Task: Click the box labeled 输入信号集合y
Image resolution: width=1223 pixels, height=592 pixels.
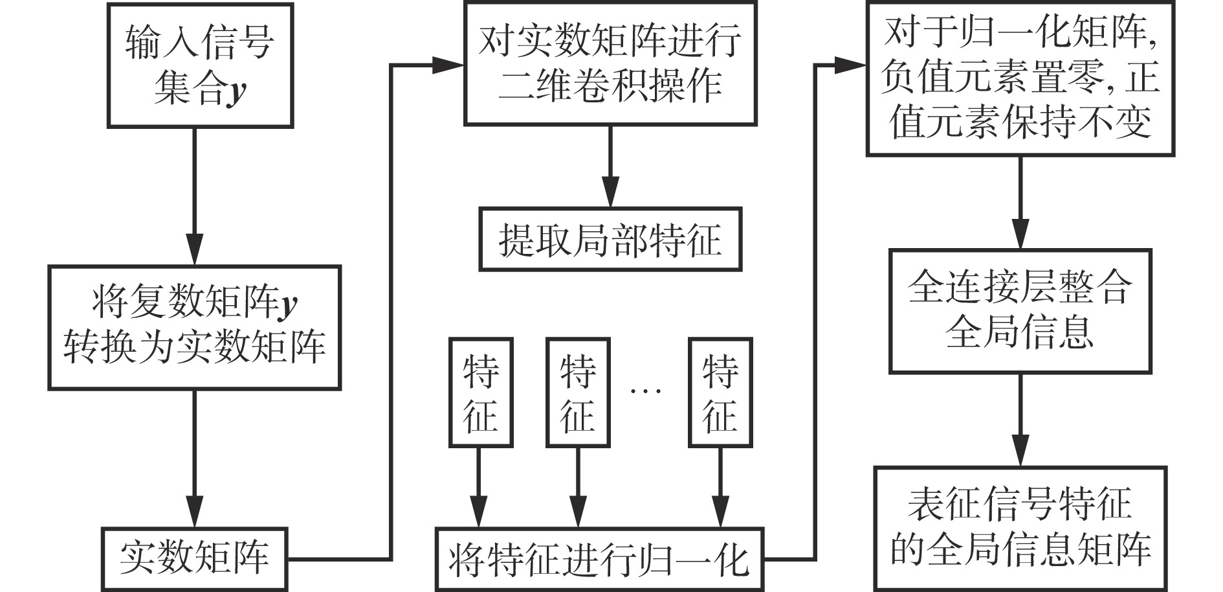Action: pyautogui.click(x=200, y=65)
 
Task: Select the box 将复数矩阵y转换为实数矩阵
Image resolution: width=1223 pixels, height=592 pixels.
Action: pyautogui.click(x=194, y=327)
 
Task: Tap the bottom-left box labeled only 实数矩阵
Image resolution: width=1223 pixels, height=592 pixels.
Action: pyautogui.click(x=194, y=559)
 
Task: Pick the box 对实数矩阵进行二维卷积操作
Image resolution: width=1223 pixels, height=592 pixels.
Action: pyautogui.click(x=610, y=63)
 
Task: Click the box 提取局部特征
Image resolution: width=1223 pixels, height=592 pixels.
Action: pyautogui.click(x=610, y=239)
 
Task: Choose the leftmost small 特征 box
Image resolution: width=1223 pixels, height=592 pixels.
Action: pyautogui.click(x=481, y=393)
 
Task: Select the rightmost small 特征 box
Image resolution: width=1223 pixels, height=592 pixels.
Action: pyautogui.click(x=720, y=393)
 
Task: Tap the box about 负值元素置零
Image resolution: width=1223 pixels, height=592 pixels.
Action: pyautogui.click(x=1020, y=78)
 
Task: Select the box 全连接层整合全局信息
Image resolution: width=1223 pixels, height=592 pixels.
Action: pyautogui.click(x=1020, y=310)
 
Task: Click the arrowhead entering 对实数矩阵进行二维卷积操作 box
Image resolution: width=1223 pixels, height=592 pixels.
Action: pyautogui.click(x=449, y=65)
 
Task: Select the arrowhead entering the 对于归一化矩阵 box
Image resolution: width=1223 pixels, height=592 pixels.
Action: pyautogui.click(x=851, y=65)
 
